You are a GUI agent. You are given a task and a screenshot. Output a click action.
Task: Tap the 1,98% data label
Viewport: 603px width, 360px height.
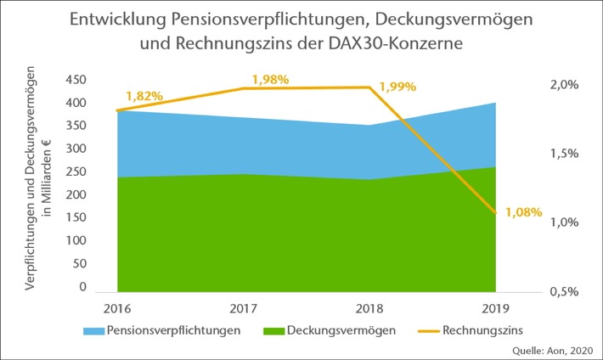tap(271, 79)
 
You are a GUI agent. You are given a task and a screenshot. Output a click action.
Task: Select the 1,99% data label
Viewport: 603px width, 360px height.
tap(396, 87)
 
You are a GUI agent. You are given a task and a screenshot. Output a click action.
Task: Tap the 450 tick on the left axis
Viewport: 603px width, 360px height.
tap(77, 79)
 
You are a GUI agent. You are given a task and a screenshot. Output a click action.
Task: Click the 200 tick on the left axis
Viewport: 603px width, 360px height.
tap(77, 194)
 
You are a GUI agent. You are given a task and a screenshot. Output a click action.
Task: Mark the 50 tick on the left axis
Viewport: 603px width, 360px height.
tap(81, 264)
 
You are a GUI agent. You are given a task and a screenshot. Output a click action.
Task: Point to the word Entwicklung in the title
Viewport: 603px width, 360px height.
tap(111, 19)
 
